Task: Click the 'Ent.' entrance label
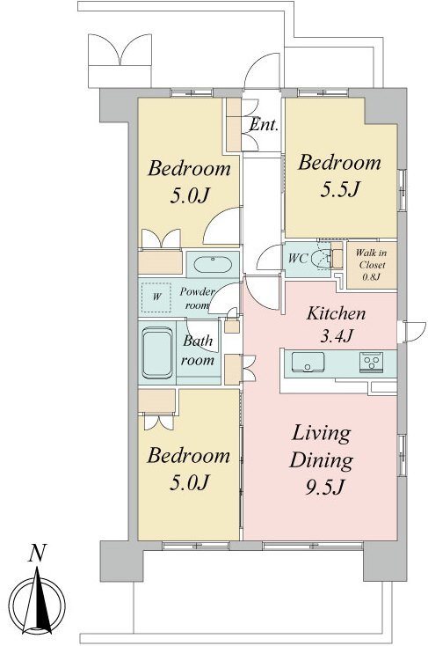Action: [264, 124]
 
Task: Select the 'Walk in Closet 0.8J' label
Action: [371, 265]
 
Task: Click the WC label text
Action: [298, 259]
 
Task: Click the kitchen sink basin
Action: [308, 362]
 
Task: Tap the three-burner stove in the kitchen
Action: [372, 362]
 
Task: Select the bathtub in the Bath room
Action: [156, 353]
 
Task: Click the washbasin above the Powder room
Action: [213, 265]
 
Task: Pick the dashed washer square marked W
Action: [156, 297]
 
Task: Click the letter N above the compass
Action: [37, 553]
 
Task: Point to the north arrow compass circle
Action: [38, 605]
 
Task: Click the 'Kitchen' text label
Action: [336, 313]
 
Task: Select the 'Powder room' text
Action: [197, 298]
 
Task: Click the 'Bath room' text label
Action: [198, 350]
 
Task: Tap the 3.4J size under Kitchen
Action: [337, 336]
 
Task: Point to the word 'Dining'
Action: [321, 461]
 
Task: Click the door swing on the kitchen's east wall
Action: [415, 332]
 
